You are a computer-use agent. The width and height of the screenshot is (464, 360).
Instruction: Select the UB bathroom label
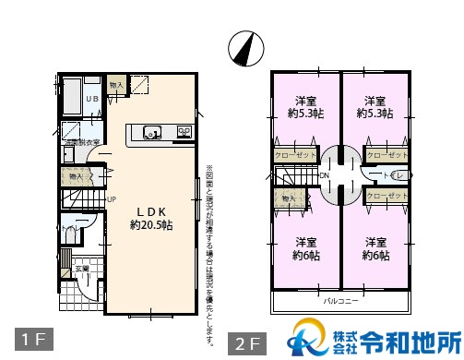[93, 100]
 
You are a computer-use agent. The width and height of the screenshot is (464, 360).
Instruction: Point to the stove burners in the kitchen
[184, 132]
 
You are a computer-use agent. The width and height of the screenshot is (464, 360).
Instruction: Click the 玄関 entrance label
[82, 269]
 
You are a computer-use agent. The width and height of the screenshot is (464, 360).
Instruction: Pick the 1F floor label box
[30, 339]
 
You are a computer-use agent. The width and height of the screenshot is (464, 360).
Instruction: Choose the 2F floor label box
[248, 343]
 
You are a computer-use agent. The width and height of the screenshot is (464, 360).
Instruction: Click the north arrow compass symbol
[246, 48]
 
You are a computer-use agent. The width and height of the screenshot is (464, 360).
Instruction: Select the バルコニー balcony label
[339, 301]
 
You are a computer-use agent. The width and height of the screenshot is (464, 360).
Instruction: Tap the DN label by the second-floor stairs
[325, 174]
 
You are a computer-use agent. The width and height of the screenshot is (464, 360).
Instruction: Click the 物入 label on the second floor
[288, 198]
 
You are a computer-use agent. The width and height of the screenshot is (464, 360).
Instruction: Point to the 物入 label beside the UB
[115, 85]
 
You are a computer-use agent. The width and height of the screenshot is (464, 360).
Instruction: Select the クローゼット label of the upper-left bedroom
[292, 156]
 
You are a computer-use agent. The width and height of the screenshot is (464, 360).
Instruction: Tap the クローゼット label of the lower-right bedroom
[387, 196]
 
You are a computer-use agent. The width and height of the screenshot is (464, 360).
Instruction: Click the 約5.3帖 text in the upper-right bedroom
[374, 114]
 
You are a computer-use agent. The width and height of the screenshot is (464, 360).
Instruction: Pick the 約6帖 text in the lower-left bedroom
[304, 256]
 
